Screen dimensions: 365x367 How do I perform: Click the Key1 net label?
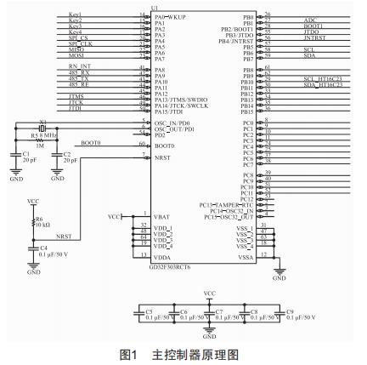click(x=74, y=14)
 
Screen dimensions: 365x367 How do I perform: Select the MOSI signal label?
click(x=75, y=56)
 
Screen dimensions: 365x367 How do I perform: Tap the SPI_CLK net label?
click(x=78, y=42)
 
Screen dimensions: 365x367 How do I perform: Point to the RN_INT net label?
click(x=79, y=70)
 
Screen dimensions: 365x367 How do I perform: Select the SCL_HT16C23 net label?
click(x=322, y=80)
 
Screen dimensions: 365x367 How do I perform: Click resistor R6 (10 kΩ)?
click(x=34, y=220)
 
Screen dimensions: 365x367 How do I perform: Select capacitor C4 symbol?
click(x=34, y=249)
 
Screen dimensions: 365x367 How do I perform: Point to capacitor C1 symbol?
click(x=16, y=154)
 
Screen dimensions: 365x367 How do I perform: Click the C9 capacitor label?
click(x=291, y=311)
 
